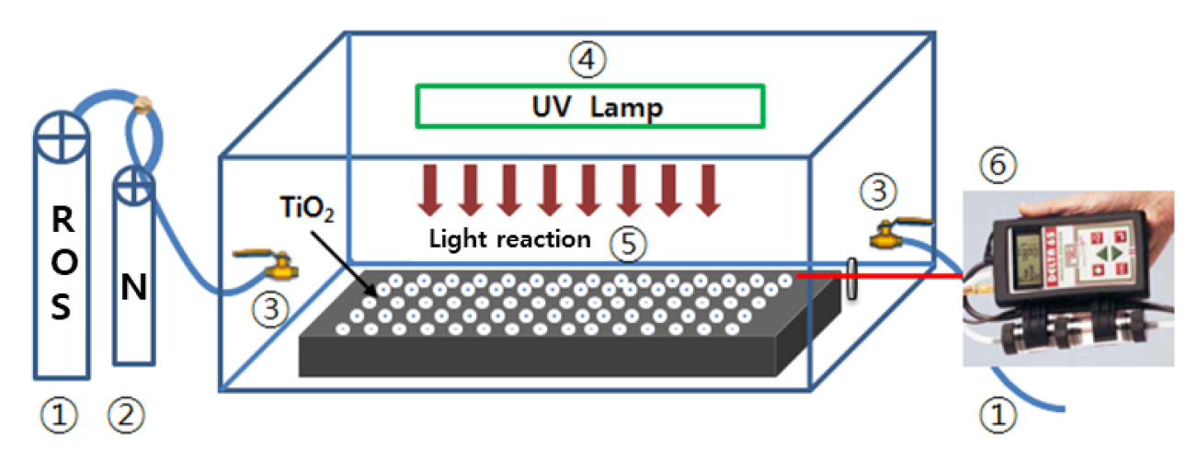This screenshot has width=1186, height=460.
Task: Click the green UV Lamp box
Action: pyautogui.click(x=589, y=105)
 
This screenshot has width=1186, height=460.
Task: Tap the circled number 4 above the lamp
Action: pyautogui.click(x=587, y=60)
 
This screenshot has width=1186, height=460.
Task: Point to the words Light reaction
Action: pyautogui.click(x=509, y=239)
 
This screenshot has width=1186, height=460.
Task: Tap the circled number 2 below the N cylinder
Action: pyautogui.click(x=127, y=417)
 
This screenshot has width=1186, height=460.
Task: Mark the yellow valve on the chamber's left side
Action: pyautogui.click(x=272, y=267)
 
